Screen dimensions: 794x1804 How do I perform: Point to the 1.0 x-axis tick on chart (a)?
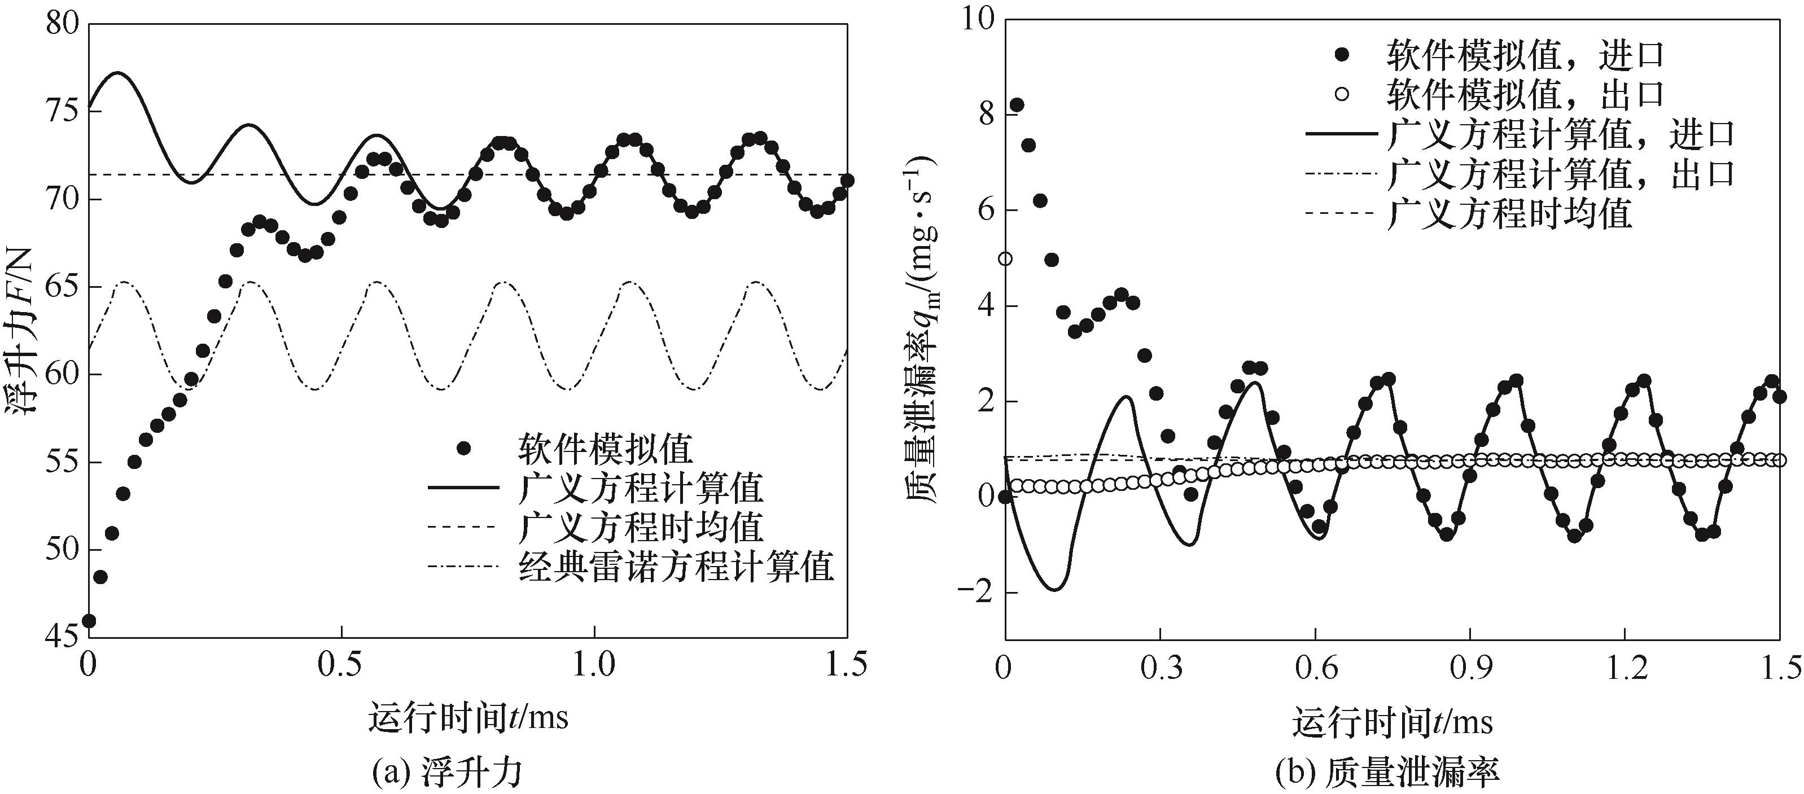(594, 665)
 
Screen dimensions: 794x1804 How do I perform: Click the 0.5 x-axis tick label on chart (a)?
(341, 665)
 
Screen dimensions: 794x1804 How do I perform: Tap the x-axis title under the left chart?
(468, 718)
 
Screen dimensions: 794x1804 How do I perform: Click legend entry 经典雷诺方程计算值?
(676, 567)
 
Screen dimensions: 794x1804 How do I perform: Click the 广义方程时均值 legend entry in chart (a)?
(640, 527)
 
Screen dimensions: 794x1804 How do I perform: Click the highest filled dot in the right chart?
(1017, 105)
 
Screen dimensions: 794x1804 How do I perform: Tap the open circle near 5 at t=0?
(1005, 259)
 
